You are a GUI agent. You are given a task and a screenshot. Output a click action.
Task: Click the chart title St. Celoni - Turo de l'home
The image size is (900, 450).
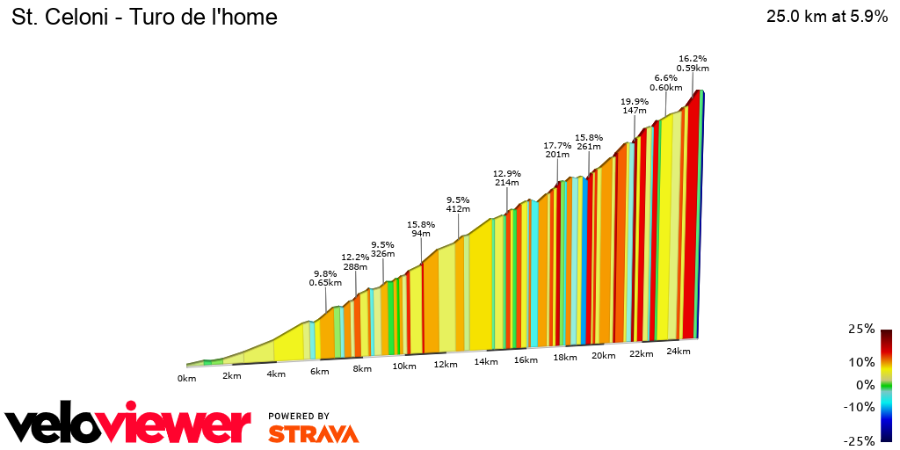(144, 17)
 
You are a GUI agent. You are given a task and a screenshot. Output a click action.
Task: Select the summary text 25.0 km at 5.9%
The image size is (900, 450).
(827, 17)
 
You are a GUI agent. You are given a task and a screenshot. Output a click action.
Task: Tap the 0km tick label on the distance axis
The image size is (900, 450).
(186, 379)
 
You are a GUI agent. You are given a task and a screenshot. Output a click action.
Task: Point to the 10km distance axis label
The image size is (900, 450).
(404, 367)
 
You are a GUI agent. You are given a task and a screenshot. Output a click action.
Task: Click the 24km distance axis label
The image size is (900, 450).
(679, 352)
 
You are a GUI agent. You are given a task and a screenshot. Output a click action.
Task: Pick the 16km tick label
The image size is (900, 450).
(526, 360)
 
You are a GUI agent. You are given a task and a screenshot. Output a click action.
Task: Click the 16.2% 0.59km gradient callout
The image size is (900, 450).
(693, 62)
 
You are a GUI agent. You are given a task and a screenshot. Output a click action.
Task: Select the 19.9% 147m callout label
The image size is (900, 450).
(634, 105)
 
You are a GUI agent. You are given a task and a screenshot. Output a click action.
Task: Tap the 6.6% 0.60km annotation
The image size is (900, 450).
(665, 82)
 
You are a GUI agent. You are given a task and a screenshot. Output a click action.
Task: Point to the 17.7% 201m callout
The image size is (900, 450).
(557, 149)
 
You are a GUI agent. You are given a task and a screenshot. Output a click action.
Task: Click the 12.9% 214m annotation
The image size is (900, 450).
(507, 178)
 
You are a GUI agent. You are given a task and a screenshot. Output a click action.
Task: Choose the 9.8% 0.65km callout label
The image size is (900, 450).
(325, 278)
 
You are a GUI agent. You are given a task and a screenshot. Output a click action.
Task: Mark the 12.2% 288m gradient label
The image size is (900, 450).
(355, 261)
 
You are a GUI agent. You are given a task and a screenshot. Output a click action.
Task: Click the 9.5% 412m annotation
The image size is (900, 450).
(458, 204)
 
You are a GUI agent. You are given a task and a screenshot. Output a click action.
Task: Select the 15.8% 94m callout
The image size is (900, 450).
(421, 229)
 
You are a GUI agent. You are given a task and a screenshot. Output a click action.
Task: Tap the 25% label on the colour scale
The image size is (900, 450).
(861, 329)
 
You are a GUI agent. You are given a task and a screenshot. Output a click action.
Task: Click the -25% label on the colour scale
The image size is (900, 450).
(860, 440)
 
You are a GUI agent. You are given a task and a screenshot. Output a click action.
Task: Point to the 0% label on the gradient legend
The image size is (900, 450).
(866, 385)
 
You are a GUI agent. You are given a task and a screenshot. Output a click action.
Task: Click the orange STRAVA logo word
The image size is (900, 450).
(313, 433)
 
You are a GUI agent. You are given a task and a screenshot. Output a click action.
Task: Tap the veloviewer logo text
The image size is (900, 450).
(127, 426)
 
